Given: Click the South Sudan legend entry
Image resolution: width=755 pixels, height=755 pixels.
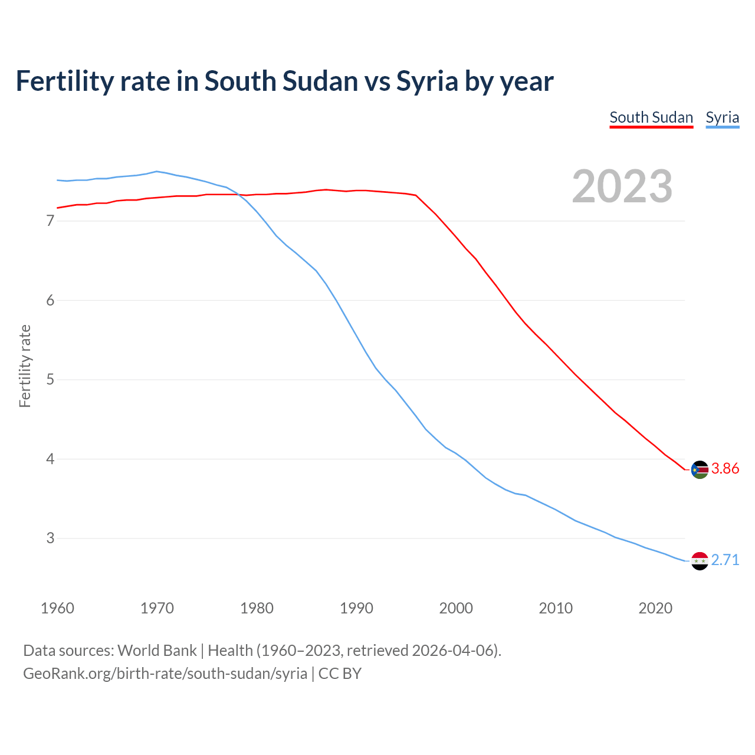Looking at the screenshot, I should [651, 117].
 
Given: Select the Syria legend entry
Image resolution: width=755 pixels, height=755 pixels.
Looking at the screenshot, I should [722, 117].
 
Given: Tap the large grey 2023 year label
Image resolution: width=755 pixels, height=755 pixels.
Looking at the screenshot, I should [622, 186].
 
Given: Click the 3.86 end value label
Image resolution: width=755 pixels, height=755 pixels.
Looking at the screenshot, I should [725, 469].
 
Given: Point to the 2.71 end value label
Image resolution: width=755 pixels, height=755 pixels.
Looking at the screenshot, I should [725, 560].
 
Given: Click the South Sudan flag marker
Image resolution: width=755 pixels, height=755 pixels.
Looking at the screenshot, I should [700, 470].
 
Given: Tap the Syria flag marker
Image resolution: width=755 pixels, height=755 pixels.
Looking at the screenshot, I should [700, 561].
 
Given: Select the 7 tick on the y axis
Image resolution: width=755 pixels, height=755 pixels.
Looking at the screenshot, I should [50, 221].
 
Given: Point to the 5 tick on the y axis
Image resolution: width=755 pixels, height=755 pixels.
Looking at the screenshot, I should [50, 380].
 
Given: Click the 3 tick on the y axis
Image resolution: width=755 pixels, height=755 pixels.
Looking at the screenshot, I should [50, 539].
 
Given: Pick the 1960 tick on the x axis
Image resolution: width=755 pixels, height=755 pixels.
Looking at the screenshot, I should [57, 608].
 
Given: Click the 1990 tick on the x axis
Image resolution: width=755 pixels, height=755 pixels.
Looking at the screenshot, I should [356, 608].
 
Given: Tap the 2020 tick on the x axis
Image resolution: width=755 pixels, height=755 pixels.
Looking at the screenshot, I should [655, 608].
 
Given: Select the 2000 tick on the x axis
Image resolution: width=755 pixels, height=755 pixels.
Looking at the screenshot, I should [456, 608].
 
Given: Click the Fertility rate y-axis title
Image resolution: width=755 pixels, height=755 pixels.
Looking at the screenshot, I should [25, 366].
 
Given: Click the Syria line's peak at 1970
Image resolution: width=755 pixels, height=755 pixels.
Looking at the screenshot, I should [156, 171].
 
